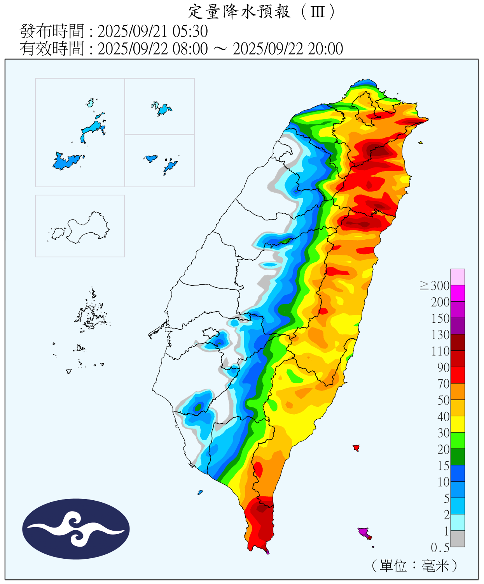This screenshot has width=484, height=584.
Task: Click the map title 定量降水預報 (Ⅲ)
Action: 261,12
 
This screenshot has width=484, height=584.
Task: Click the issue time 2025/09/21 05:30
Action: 152,31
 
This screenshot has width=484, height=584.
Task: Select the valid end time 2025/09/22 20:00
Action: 288,49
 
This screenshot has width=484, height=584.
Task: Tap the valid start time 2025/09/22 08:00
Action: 152,49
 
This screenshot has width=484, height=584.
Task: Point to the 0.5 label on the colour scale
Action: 440,548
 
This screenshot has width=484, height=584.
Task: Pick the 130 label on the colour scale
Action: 440,335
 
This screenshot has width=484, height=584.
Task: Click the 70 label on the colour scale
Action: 443,384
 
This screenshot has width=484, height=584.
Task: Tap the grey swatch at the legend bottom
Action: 458,538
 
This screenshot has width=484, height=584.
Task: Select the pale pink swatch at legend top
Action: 458,277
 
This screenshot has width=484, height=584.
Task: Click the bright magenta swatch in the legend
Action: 458,293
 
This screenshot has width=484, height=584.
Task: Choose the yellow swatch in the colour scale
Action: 458,424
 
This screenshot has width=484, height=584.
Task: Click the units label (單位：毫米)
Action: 414,566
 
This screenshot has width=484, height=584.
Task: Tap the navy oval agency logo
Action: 76,529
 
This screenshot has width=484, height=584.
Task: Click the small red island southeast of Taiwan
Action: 356,448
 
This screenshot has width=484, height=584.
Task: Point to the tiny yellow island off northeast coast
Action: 420,143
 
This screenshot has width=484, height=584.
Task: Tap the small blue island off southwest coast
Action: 200,493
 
